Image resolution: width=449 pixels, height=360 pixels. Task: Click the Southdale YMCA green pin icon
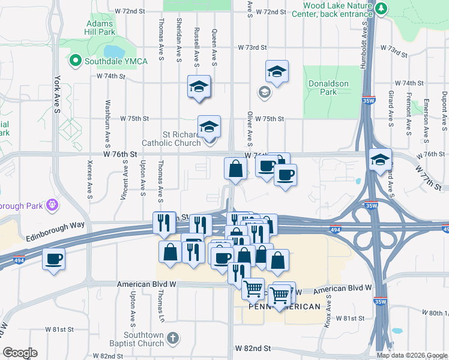[x=76, y=60]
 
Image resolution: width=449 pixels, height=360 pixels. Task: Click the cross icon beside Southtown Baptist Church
[x=172, y=338]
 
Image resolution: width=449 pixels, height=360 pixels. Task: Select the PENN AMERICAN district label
[x=285, y=307]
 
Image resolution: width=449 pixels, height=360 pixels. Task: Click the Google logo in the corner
[x=20, y=353]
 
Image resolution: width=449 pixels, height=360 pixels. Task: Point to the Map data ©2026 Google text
[x=411, y=355]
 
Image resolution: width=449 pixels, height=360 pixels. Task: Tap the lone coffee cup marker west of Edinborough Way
[x=54, y=259]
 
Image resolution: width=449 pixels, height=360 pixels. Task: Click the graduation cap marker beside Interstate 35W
[x=380, y=160]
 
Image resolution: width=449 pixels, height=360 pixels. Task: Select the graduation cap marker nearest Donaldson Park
[x=277, y=72]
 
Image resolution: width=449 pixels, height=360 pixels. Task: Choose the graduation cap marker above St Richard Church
[x=199, y=86]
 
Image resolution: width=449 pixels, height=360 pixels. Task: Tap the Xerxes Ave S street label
[x=90, y=179]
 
